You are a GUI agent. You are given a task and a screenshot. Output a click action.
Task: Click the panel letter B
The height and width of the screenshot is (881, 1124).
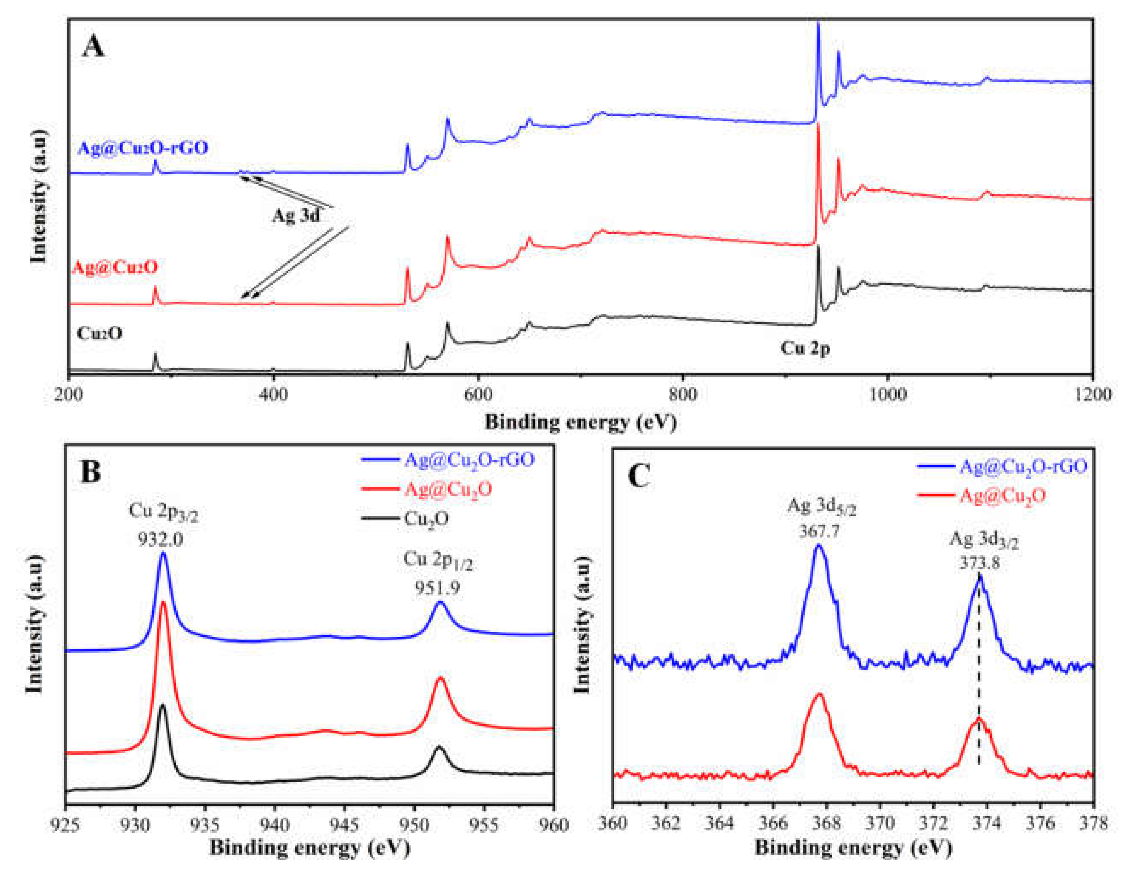tap(91, 471)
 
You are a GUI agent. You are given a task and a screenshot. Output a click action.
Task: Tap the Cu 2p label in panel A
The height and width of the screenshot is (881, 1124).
tap(805, 348)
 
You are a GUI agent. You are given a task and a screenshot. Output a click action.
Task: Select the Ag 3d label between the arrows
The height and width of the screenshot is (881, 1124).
tap(296, 215)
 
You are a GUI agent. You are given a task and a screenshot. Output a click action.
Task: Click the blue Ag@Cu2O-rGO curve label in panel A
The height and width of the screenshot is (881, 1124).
tap(143, 148)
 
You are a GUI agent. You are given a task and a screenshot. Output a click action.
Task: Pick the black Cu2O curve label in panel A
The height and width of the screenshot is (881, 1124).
tap(99, 333)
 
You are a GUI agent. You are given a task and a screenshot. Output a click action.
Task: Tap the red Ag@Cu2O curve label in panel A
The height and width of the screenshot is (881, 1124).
tap(114, 267)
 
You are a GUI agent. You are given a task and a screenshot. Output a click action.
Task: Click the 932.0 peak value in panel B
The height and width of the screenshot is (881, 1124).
tap(160, 540)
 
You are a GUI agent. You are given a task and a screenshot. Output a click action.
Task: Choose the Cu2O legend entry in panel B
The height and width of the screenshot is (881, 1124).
tap(426, 518)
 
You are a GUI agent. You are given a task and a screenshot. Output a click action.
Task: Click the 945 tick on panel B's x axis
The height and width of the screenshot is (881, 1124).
tap(344, 824)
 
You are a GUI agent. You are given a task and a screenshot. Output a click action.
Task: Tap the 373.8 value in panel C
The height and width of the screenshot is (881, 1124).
tap(979, 562)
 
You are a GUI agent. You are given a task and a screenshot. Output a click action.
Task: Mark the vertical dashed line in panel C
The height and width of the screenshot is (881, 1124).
tap(979, 671)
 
